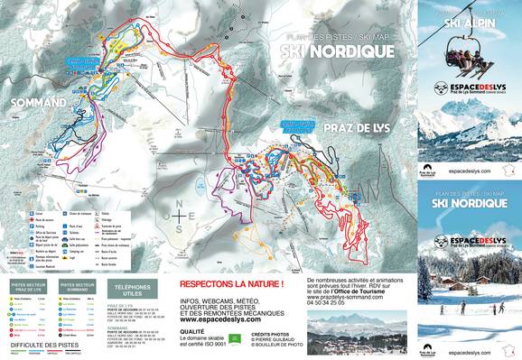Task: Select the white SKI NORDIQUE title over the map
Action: pos(331,51)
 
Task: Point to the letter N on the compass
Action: pos(182,204)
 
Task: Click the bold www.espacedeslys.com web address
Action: pos(221,294)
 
